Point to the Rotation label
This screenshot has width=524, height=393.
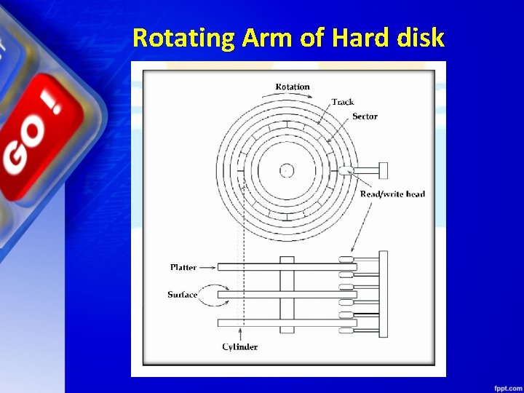pyautogui.click(x=292, y=87)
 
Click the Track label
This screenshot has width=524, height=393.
pyautogui.click(x=342, y=102)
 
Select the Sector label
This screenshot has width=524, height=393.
pyautogui.click(x=365, y=116)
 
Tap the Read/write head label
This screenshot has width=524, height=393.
pyautogui.click(x=392, y=194)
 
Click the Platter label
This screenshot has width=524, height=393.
pyautogui.click(x=183, y=267)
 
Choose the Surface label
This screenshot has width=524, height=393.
pyautogui.click(x=182, y=295)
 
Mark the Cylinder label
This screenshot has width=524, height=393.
pyautogui.click(x=239, y=347)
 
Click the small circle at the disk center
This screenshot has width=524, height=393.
pyautogui.click(x=287, y=170)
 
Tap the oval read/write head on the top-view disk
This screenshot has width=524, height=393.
pyautogui.click(x=345, y=171)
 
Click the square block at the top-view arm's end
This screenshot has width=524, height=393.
pyautogui.click(x=384, y=170)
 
